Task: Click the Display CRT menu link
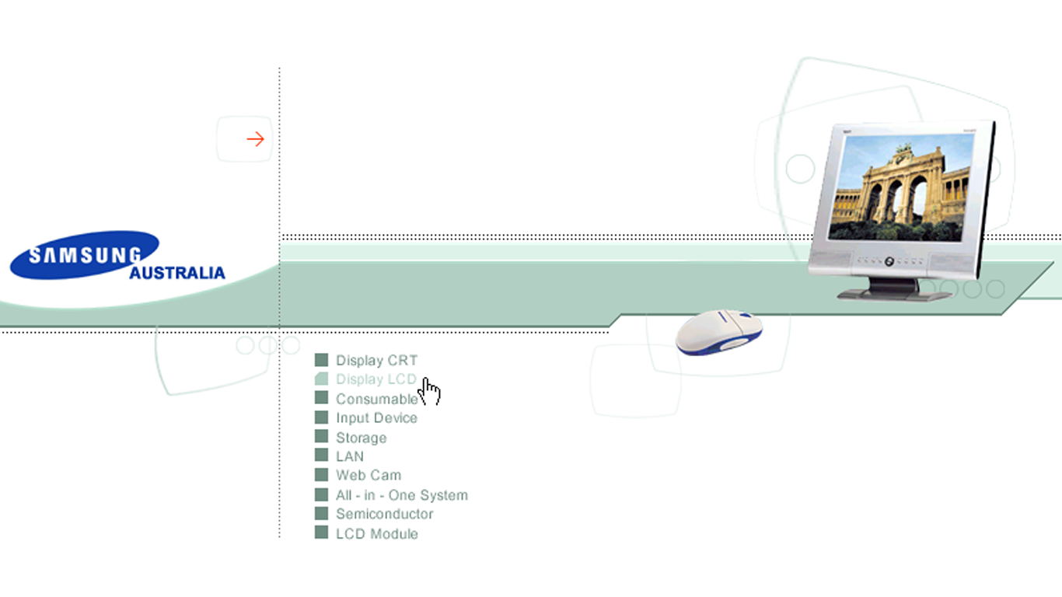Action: [376, 361]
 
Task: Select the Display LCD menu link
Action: [376, 379]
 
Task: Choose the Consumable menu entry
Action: [376, 399]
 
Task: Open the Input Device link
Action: [376, 418]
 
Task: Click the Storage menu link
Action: [361, 438]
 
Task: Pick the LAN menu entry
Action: [349, 456]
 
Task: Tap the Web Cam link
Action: [368, 475]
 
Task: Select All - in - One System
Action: [401, 495]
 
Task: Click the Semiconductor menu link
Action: [384, 514]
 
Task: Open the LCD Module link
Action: [376, 534]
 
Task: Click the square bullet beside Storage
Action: [321, 437]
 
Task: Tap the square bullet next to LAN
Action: [321, 456]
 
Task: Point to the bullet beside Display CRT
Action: [321, 360]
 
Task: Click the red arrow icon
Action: [255, 139]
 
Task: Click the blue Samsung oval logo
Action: [84, 254]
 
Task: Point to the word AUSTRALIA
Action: [177, 274]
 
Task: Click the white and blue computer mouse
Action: [718, 331]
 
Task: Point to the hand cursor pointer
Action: [430, 391]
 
